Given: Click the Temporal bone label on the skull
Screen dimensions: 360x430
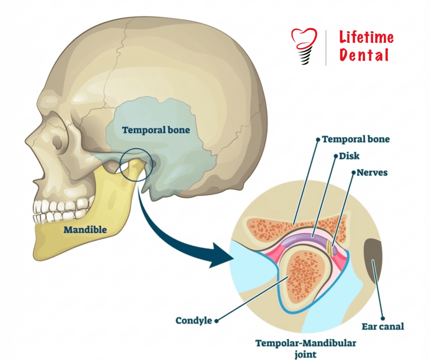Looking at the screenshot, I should [156, 130].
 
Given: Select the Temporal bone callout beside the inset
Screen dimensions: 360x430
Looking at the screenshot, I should [356, 139].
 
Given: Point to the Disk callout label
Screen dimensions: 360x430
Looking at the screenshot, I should [349, 156].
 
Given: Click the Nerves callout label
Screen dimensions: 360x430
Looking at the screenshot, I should [372, 172].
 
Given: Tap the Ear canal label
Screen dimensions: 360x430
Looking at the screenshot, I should [383, 326].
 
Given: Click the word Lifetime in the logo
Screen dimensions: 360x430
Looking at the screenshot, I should [366, 38].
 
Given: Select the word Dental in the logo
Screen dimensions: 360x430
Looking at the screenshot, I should [364, 55].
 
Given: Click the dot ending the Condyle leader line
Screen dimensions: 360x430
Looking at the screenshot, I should [217, 321].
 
